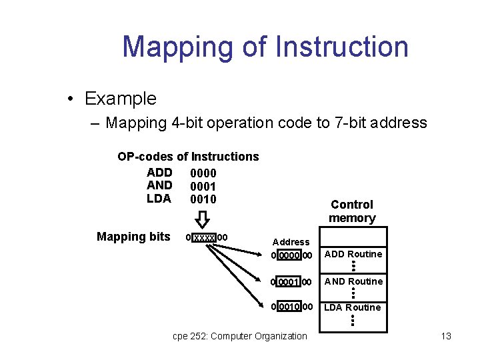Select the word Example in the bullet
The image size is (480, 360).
pos(120,99)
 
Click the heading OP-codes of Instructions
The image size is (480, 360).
pos(188,157)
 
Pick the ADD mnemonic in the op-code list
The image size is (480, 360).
pos(159,172)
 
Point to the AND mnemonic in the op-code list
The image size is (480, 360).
pos(159,185)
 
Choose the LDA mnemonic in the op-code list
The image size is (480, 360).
pos(159,199)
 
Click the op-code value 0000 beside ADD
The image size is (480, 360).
pos(203,173)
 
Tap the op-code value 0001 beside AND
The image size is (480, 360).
pos(203,187)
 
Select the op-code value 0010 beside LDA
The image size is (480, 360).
pos(203,199)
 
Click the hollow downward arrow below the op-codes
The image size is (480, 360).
pos(203,219)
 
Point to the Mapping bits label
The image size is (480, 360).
pos(133,237)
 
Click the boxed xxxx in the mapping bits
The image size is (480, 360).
pos(204,237)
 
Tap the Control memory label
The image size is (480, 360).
pos(352,211)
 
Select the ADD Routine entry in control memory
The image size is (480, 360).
pos(353,254)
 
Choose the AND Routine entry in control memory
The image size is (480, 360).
pos(353,281)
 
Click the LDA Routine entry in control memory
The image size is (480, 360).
pos(353,307)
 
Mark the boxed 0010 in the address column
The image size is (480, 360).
pos(288,307)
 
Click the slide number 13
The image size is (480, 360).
pos(446,336)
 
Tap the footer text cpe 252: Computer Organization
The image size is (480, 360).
pos(240,336)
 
